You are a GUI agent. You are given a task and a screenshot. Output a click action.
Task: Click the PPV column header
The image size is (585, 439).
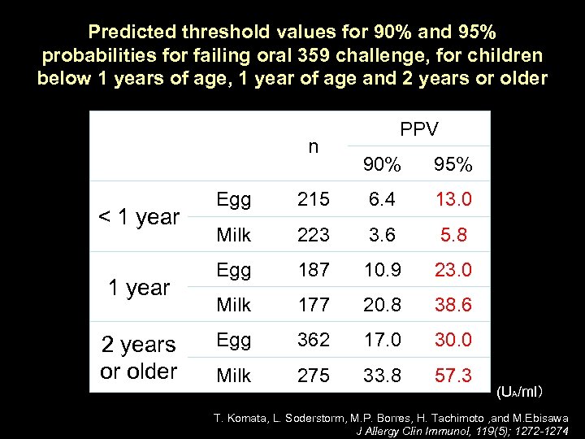pyautogui.click(x=418, y=129)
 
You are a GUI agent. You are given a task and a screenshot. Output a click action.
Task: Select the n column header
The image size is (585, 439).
pyautogui.click(x=313, y=147)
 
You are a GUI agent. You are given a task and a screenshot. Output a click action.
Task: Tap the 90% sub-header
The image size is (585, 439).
pyautogui.click(x=382, y=165)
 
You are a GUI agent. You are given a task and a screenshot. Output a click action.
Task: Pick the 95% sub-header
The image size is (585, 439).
pyautogui.click(x=453, y=165)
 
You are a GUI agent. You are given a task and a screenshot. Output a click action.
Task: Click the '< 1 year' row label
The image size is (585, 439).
pyautogui.click(x=139, y=217)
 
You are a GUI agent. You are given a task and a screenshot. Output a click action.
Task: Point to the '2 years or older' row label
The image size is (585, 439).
pyautogui.click(x=139, y=358)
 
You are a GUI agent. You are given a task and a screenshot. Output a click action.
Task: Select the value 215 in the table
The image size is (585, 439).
pyautogui.click(x=313, y=200)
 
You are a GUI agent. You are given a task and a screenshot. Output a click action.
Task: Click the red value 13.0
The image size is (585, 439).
pyautogui.click(x=453, y=200)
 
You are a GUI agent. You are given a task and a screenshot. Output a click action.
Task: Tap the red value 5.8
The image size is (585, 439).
pyautogui.click(x=453, y=235)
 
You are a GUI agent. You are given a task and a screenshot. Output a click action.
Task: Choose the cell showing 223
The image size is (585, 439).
pyautogui.click(x=313, y=235)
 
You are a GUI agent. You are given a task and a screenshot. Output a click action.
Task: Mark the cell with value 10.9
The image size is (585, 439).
pyautogui.click(x=382, y=270)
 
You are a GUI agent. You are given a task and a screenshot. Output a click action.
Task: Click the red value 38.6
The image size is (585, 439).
pyautogui.click(x=453, y=305)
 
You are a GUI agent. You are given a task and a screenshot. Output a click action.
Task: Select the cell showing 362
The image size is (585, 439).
pyautogui.click(x=313, y=340)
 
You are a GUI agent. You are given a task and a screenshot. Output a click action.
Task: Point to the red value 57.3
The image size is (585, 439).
pyautogui.click(x=453, y=375)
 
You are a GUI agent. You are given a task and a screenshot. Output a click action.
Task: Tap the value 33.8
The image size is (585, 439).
pyautogui.click(x=382, y=375)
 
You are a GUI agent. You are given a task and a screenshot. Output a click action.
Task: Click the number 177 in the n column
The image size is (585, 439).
pyautogui.click(x=313, y=305)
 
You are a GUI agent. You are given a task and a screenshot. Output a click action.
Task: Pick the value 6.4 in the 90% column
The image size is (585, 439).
pyautogui.click(x=382, y=200)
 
